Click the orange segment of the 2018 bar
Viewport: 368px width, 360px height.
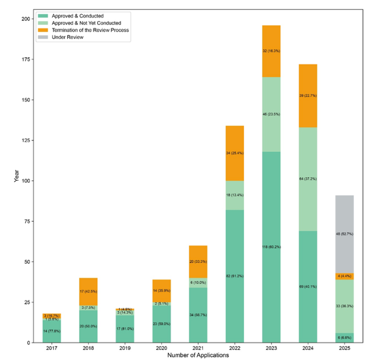point(88,291)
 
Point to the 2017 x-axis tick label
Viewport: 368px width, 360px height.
point(52,348)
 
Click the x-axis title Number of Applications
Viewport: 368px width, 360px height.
point(198,355)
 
